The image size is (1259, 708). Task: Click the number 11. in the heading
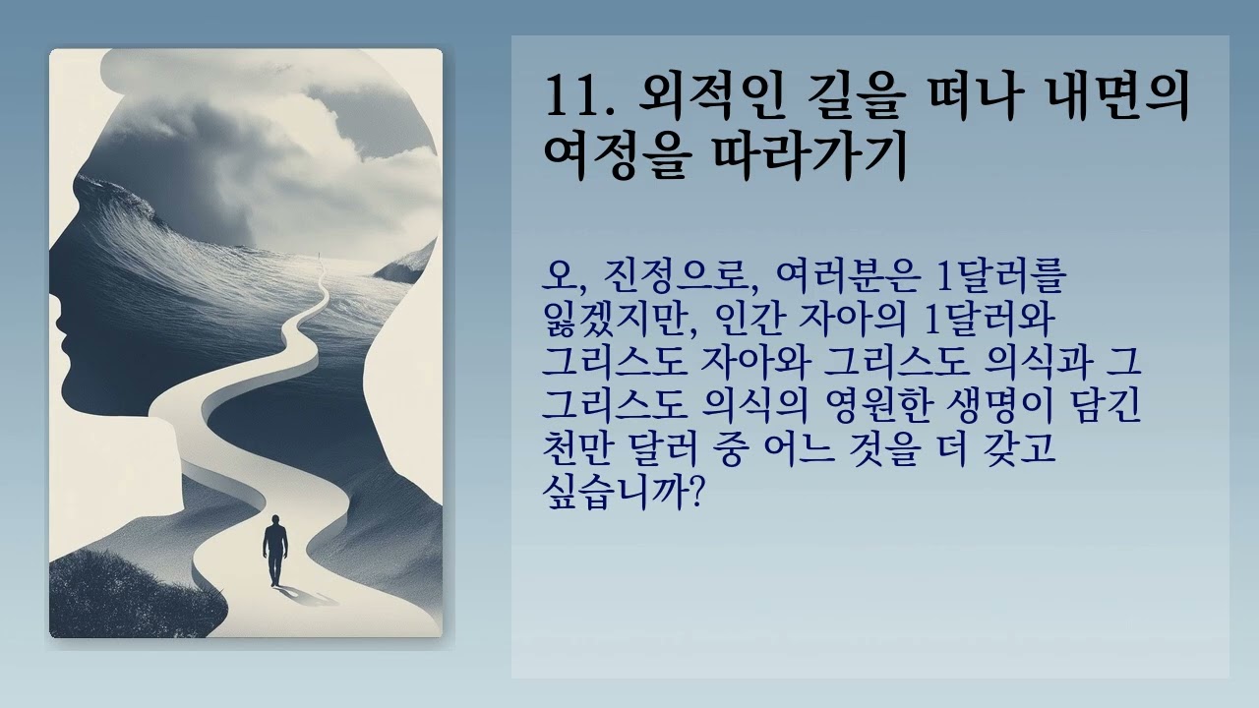pos(579,99)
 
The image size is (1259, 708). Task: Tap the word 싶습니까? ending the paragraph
pos(621,491)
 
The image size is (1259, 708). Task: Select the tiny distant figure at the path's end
pos(322,262)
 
